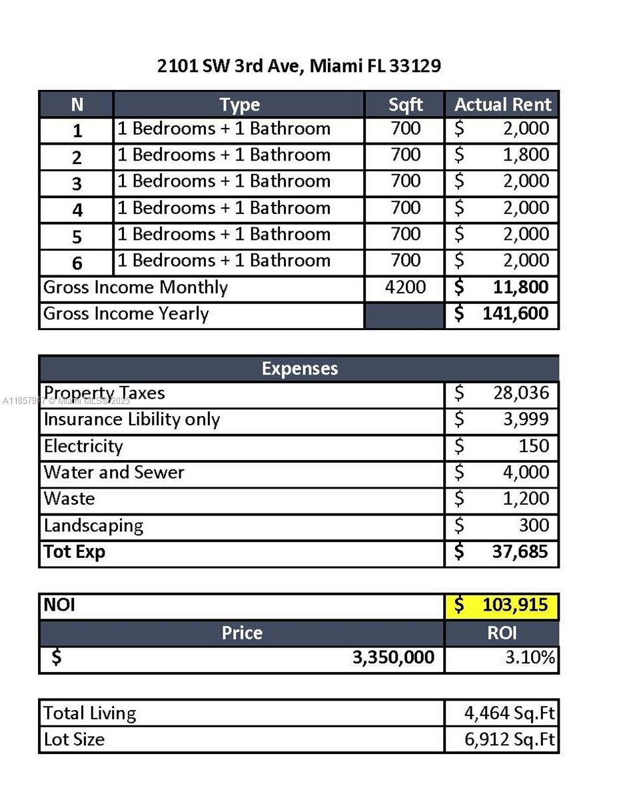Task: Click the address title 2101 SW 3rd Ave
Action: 299,66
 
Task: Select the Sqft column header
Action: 405,105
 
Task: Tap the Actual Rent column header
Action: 502,105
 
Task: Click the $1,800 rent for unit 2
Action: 525,155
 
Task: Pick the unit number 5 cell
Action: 77,237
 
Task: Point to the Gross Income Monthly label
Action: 135,288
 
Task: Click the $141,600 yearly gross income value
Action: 515,314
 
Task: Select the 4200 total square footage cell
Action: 405,288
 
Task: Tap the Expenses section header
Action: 299,369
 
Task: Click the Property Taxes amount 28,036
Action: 520,393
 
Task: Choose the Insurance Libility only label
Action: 131,420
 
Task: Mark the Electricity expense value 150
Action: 534,446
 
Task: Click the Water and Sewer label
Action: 113,473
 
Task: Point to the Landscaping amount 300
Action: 534,525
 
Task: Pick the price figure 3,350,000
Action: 393,658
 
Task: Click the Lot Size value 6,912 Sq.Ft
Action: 509,739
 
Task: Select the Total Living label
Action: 90,713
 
